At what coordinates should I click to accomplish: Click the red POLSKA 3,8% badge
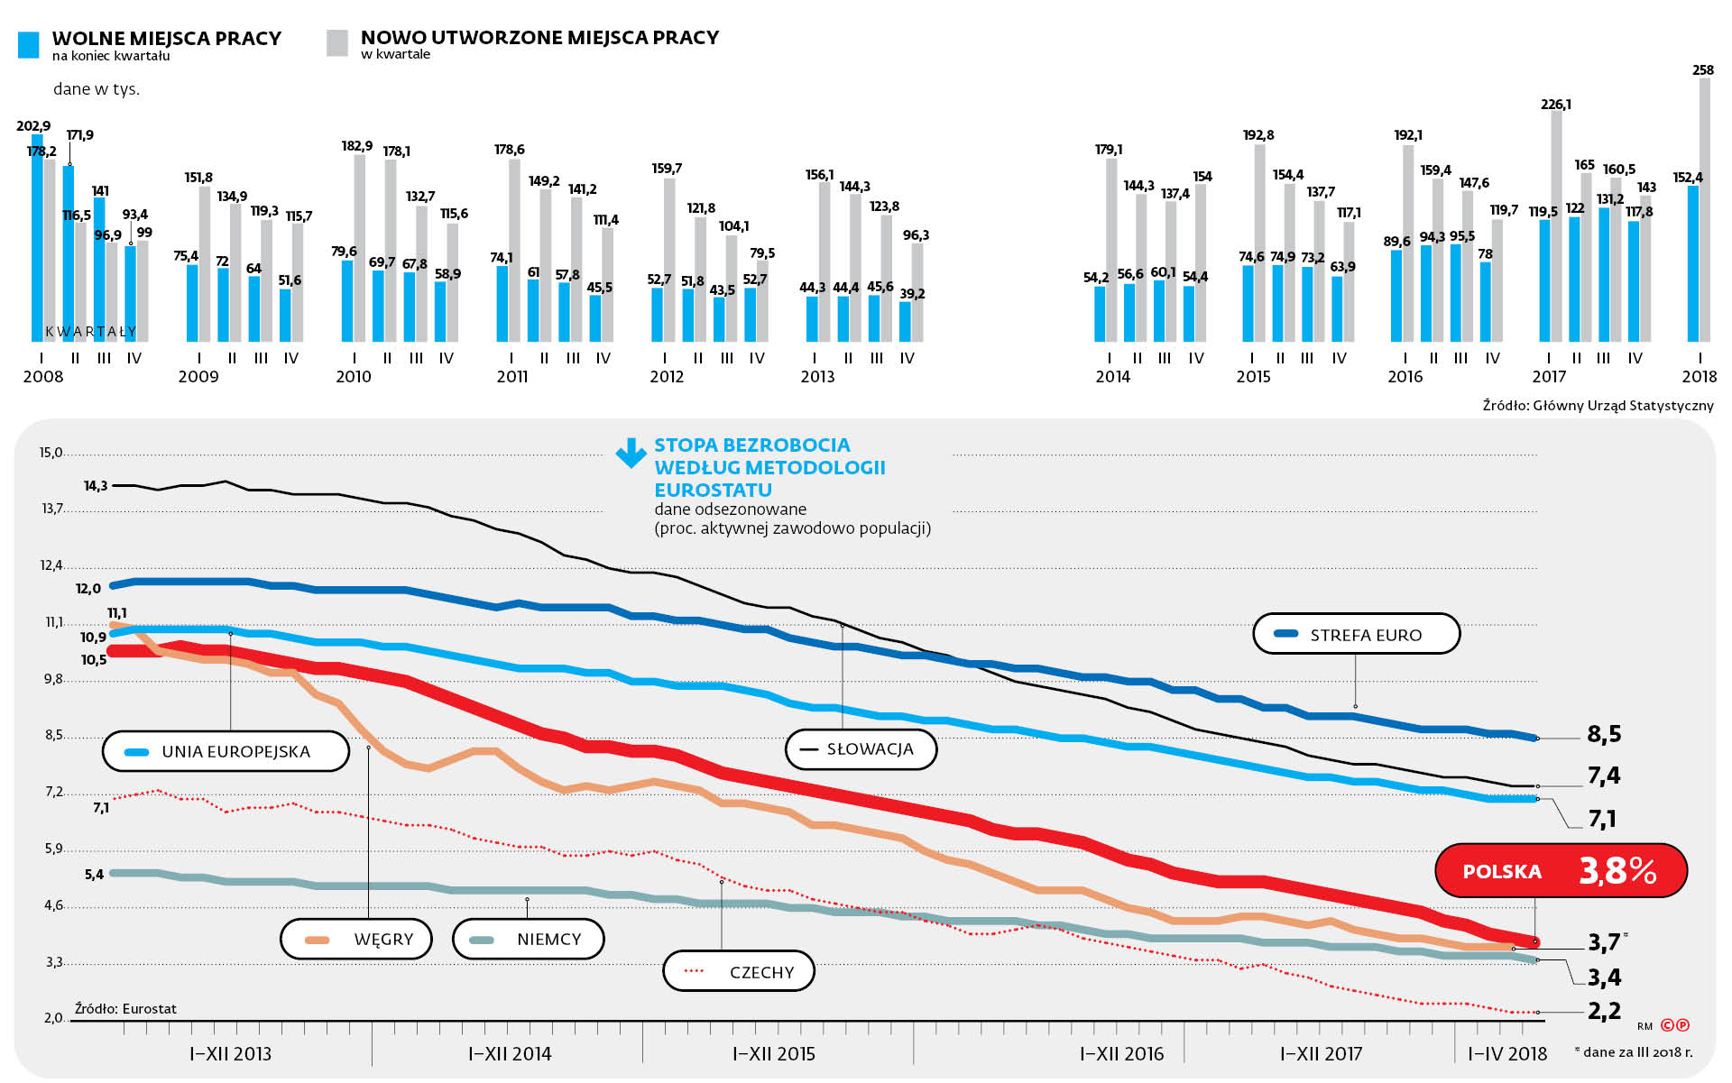pos(1560,871)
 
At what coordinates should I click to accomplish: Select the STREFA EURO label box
pos(1356,634)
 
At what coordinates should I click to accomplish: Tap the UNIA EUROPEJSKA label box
pos(226,751)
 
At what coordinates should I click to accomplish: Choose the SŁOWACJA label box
pos(861,749)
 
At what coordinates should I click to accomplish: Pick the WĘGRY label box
pos(356,940)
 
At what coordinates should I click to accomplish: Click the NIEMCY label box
pos(529,940)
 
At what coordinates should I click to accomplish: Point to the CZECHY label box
pos(739,972)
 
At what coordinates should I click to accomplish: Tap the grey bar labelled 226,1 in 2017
pos(1557,225)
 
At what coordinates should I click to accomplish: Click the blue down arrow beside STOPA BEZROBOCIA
pos(631,453)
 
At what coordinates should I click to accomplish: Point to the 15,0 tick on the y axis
pos(51,453)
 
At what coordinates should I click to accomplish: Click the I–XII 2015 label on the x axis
pos(774,1053)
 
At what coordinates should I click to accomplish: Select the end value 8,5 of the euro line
pos(1604,734)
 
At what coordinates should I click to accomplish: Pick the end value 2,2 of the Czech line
pos(1604,1011)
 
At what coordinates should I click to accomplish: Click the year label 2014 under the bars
pos(1112,377)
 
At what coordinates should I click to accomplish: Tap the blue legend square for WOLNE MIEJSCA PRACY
pos(29,45)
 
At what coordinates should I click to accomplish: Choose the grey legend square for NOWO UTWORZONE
pos(337,43)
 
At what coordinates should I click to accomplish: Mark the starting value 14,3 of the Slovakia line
pos(96,486)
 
